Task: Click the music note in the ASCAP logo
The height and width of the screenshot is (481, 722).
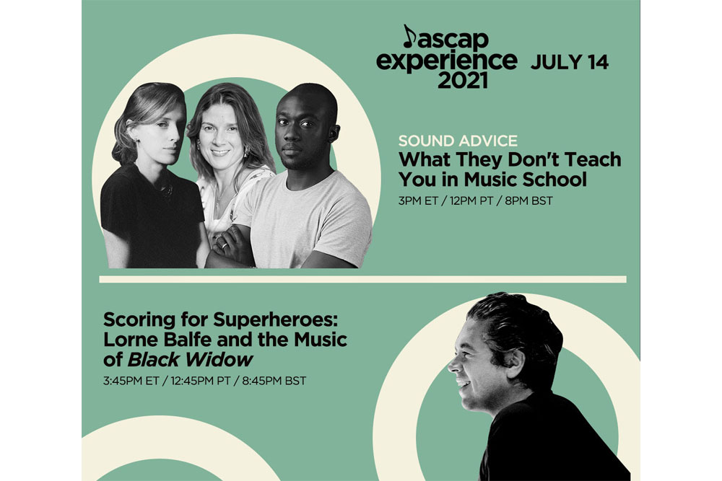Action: click(x=409, y=36)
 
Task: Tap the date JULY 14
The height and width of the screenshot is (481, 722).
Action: click(x=570, y=62)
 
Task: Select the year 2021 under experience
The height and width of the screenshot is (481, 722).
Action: click(x=462, y=81)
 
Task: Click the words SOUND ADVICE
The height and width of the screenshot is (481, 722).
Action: click(x=458, y=140)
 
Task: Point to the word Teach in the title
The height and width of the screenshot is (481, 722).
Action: click(x=593, y=159)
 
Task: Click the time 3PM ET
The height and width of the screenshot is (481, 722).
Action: click(x=418, y=201)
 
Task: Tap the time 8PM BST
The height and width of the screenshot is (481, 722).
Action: click(x=529, y=201)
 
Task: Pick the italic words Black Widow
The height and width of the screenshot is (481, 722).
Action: click(x=190, y=360)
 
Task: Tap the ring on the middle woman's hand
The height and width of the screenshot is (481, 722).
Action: click(x=224, y=246)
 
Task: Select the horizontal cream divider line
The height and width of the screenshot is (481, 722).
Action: click(x=363, y=279)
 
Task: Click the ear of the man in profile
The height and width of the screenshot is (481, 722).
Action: click(x=514, y=363)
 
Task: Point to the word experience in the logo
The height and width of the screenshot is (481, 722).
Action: click(x=447, y=61)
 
